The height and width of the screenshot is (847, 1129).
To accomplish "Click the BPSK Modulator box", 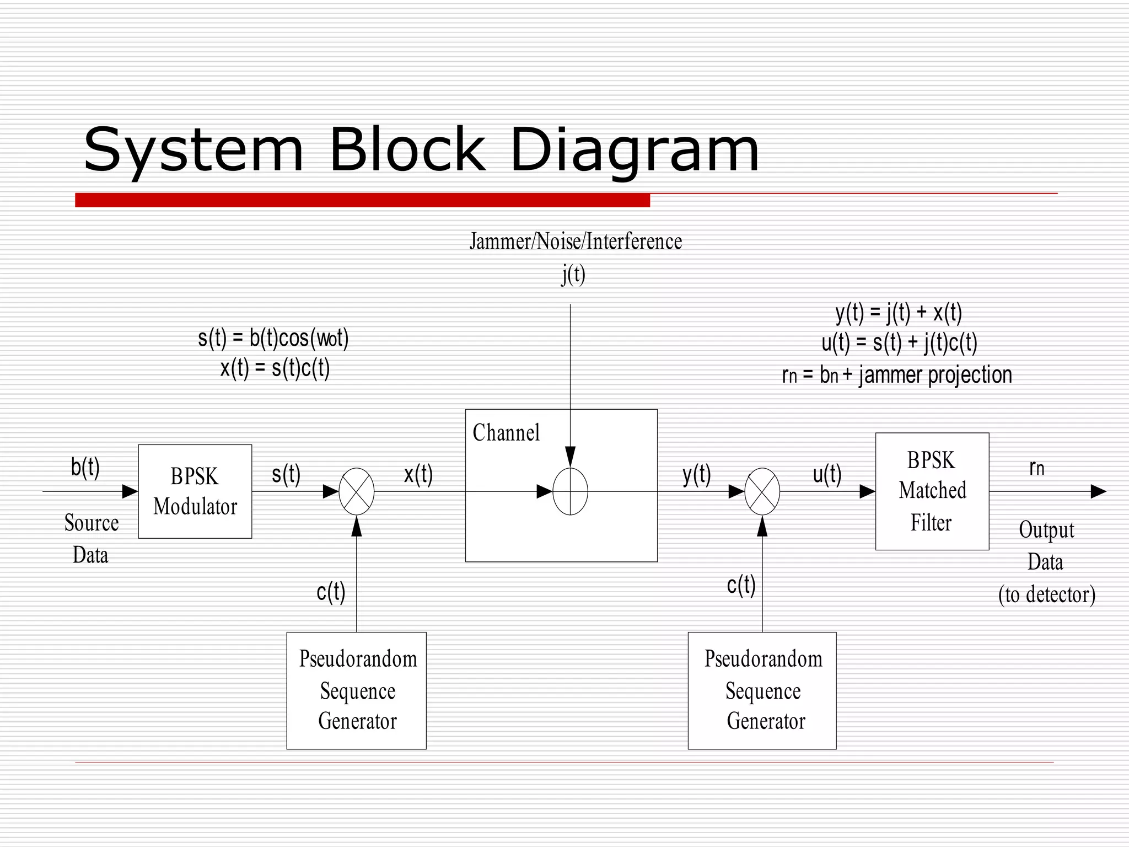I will pos(195,491).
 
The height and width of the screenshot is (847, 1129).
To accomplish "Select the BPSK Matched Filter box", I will pos(932,491).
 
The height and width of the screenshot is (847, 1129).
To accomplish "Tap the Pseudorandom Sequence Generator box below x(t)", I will pos(357,690).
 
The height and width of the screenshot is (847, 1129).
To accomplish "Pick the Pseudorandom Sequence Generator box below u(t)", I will pos(762,690).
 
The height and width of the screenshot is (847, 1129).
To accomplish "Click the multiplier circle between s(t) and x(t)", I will pos(357,491).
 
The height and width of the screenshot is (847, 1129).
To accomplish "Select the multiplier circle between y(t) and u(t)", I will pos(762,491).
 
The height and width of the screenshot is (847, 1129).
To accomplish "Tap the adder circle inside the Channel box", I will pos(570,491).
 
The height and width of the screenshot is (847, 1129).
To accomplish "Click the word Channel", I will pos(506,433).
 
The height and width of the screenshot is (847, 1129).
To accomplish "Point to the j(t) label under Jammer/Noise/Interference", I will pos(573,274).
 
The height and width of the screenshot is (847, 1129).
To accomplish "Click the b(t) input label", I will pos(85,467).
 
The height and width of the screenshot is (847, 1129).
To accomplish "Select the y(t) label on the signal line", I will pos(696,474).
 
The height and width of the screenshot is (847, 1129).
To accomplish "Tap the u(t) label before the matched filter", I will pos(827,474).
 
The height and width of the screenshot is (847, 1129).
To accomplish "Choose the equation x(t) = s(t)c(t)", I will pos(275,368).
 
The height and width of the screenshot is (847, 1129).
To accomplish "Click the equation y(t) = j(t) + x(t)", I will pos(899,313).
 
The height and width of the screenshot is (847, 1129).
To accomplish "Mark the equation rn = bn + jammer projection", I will pos(897,375).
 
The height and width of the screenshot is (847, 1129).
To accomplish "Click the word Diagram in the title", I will pos(634,150).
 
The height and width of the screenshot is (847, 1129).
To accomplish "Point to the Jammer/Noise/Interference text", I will pos(576,242).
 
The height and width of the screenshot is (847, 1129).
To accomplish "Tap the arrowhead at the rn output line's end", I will pos(1098,491).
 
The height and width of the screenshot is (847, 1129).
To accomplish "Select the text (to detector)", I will pos(1046,594).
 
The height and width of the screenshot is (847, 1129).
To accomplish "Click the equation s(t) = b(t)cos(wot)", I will pos(273,338).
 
